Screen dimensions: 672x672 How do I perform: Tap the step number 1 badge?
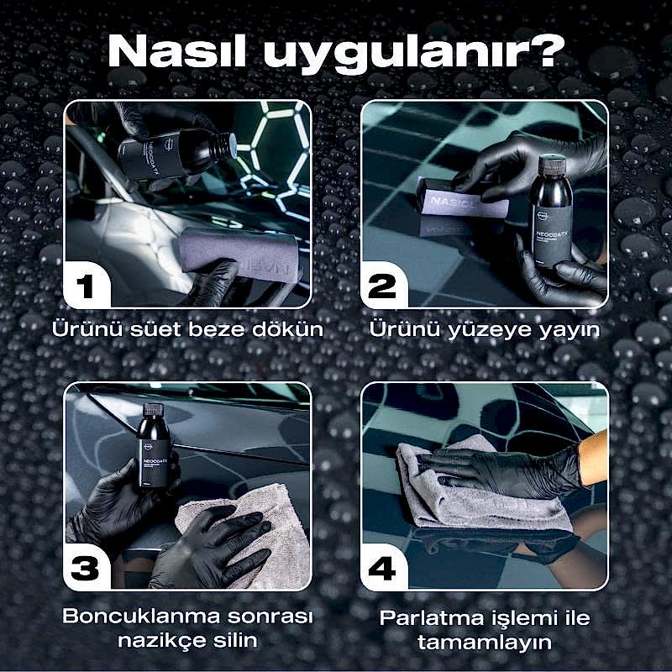[87, 287]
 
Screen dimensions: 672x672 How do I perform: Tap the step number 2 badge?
[382, 287]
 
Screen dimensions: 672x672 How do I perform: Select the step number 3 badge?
[87, 570]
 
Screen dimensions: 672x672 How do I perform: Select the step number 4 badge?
[382, 570]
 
